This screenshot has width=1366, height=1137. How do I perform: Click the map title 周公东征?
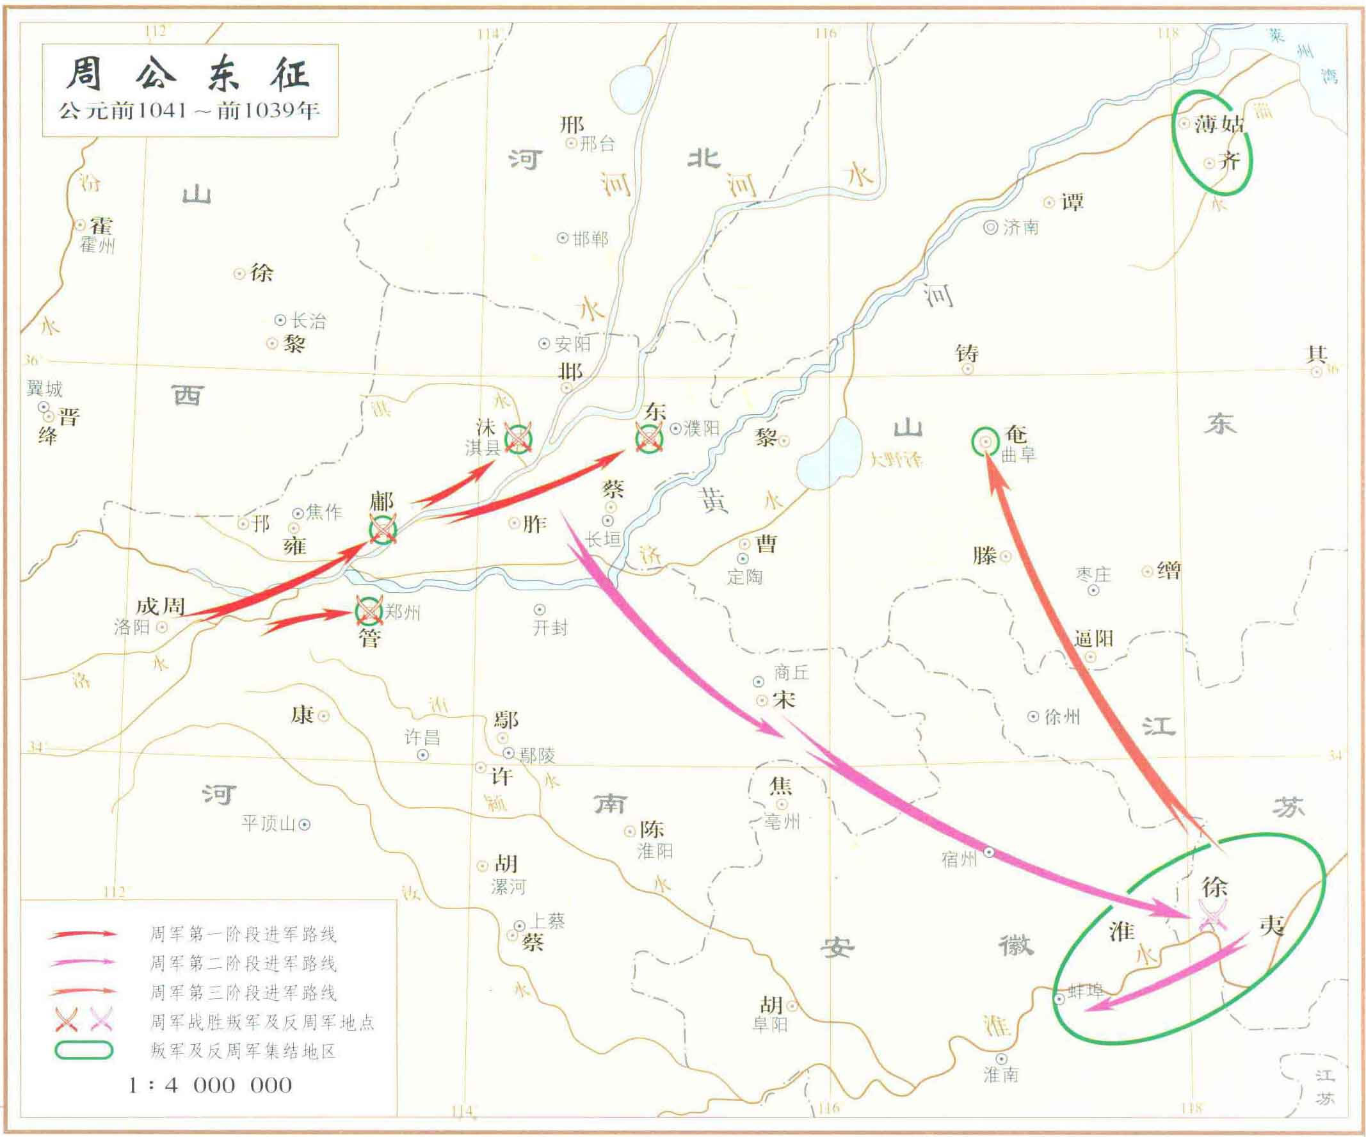pyautogui.click(x=188, y=74)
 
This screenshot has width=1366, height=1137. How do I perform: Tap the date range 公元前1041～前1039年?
pyautogui.click(x=189, y=110)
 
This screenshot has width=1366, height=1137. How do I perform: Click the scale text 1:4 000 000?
pyautogui.click(x=210, y=1085)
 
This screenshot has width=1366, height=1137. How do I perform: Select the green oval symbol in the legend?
pyautogui.click(x=84, y=1051)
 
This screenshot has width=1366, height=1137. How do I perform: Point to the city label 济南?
pyautogui.click(x=1020, y=227)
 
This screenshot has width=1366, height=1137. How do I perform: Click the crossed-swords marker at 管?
pyautogui.click(x=369, y=611)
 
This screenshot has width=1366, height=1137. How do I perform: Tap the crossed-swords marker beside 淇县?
pyautogui.click(x=518, y=439)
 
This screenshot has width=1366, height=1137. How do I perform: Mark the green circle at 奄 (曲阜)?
pyautogui.click(x=986, y=442)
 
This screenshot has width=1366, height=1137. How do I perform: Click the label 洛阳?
pyautogui.click(x=132, y=627)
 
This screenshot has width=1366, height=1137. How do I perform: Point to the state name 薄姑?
pyautogui.click(x=1218, y=124)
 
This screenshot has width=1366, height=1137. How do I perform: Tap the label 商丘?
pyautogui.click(x=792, y=672)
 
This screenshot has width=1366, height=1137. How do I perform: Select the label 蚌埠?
pyautogui.click(x=1086, y=990)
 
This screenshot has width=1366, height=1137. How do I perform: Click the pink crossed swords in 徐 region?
pyautogui.click(x=1212, y=913)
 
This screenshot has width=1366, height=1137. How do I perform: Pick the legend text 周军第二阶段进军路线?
pyautogui.click(x=243, y=964)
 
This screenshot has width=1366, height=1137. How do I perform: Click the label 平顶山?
pyautogui.click(x=269, y=823)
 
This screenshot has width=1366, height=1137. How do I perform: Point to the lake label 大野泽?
pyautogui.click(x=896, y=460)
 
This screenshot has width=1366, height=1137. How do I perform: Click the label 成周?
pyautogui.click(x=160, y=607)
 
